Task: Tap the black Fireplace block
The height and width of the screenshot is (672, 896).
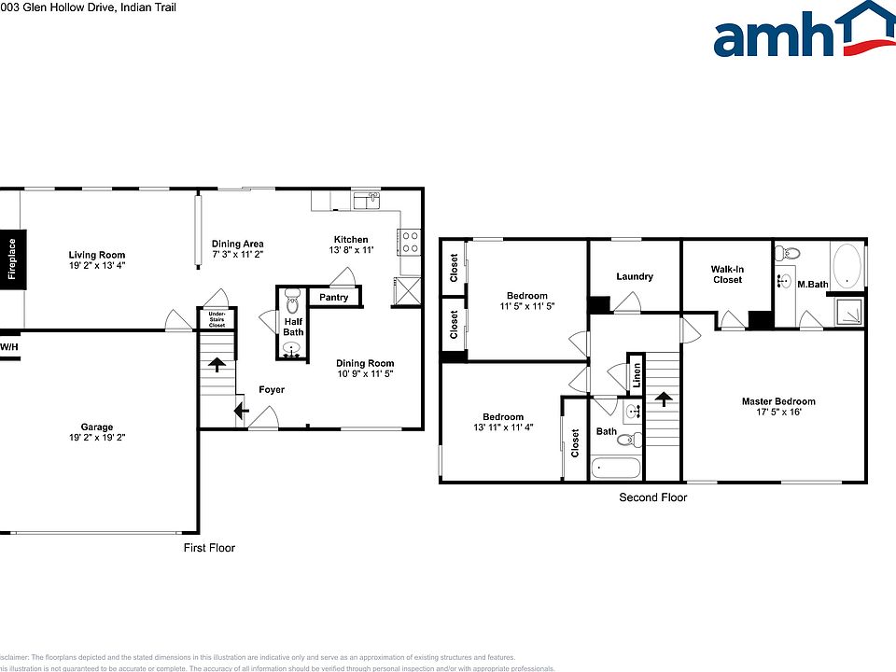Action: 12,259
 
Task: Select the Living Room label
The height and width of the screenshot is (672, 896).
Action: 96,255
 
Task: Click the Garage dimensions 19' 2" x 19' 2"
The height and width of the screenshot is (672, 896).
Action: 96,438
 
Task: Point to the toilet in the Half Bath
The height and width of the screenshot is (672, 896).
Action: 292,302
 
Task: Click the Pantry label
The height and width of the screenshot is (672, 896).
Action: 333,298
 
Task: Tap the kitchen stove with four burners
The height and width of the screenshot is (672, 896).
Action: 409,243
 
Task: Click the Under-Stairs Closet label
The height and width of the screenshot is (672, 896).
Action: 216,319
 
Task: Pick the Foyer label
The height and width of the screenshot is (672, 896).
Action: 272,389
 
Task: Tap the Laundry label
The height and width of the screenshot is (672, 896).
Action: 635,276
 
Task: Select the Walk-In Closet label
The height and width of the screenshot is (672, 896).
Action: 727,274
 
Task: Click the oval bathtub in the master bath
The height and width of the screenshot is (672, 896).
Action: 847,266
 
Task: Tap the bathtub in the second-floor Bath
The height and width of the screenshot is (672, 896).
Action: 615,466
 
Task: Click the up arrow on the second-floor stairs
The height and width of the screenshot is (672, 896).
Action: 664,399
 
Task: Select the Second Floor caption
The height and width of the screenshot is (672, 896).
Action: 652,497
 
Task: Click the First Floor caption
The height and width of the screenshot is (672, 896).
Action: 208,548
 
